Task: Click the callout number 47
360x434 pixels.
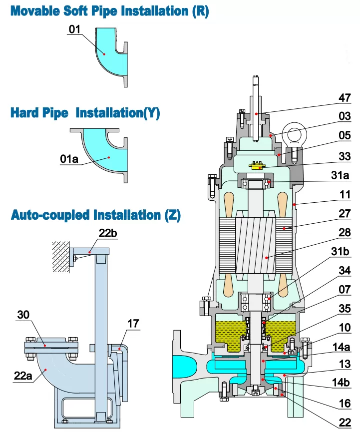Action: point(345,98)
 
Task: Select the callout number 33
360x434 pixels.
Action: point(345,156)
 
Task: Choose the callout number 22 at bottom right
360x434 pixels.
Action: point(345,423)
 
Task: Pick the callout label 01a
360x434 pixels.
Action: point(70,159)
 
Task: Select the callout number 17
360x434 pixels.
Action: point(133,324)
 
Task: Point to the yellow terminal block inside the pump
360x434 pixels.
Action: point(258,165)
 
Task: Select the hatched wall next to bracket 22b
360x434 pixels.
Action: point(61,256)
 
